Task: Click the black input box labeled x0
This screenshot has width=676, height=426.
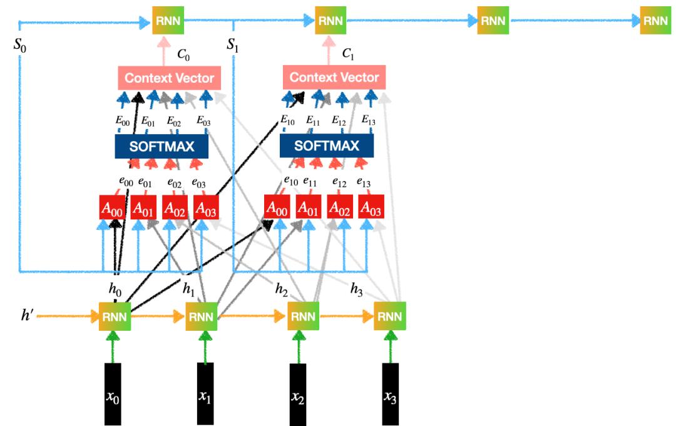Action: (x=113, y=393)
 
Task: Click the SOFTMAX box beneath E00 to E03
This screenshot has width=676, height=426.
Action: (x=162, y=146)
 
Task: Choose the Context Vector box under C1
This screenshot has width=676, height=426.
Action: (x=334, y=78)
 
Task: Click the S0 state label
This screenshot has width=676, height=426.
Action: (x=20, y=46)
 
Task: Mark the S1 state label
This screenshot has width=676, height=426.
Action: (x=233, y=46)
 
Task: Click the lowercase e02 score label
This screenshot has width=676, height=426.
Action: (x=175, y=184)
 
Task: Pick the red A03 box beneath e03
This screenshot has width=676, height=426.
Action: (x=206, y=207)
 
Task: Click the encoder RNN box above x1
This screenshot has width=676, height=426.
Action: (x=202, y=317)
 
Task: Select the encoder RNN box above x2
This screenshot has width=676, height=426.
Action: (x=303, y=317)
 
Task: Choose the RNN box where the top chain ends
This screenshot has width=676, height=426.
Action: (x=655, y=21)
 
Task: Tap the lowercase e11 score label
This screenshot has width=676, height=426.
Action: (x=310, y=182)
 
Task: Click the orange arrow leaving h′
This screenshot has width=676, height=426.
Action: (x=69, y=317)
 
